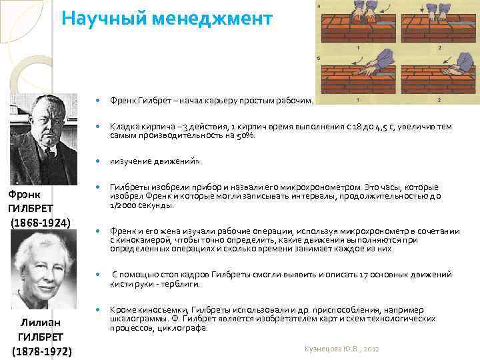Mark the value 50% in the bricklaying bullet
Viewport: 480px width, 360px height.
pyautogui.click(x=244, y=135)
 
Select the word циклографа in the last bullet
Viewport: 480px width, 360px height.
pyautogui.click(x=189, y=328)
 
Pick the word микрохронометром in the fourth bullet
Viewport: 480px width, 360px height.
pyautogui.click(x=289, y=187)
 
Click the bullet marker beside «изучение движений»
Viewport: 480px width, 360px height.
pyautogui.click(x=98, y=161)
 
